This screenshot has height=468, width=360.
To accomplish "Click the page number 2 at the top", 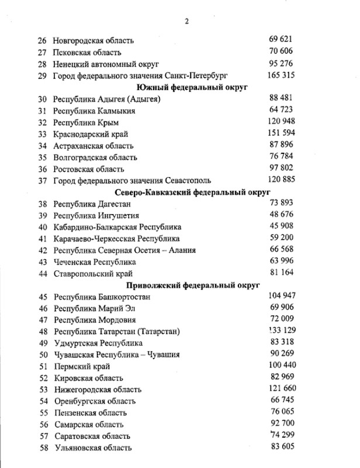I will [185, 22].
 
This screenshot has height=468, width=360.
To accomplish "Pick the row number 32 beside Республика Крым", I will [42, 122].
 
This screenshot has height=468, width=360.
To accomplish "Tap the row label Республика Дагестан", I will [91, 204].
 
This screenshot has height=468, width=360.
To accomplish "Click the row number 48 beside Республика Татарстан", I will [42, 332].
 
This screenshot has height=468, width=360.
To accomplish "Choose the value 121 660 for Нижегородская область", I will [280, 388].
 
